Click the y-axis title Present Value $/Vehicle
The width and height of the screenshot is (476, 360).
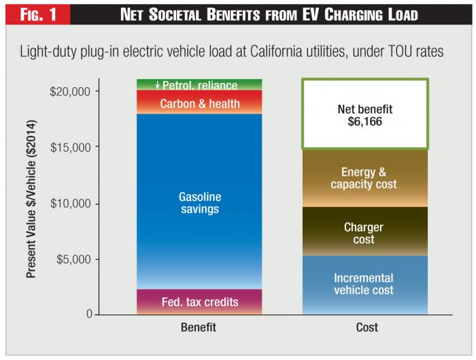(x=31, y=199)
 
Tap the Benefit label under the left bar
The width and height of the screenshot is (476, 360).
(x=199, y=327)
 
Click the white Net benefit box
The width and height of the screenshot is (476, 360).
(x=365, y=114)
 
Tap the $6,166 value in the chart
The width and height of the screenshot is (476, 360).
(x=365, y=120)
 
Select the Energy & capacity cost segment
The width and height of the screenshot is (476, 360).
(x=365, y=178)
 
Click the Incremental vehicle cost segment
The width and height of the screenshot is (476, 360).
(x=365, y=284)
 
